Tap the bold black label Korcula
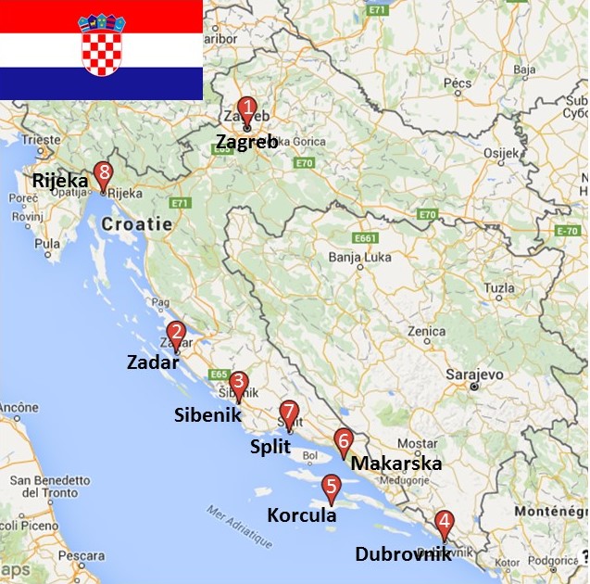point(301,515)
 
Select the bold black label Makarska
point(396,463)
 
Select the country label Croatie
point(136,223)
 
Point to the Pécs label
point(458,83)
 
